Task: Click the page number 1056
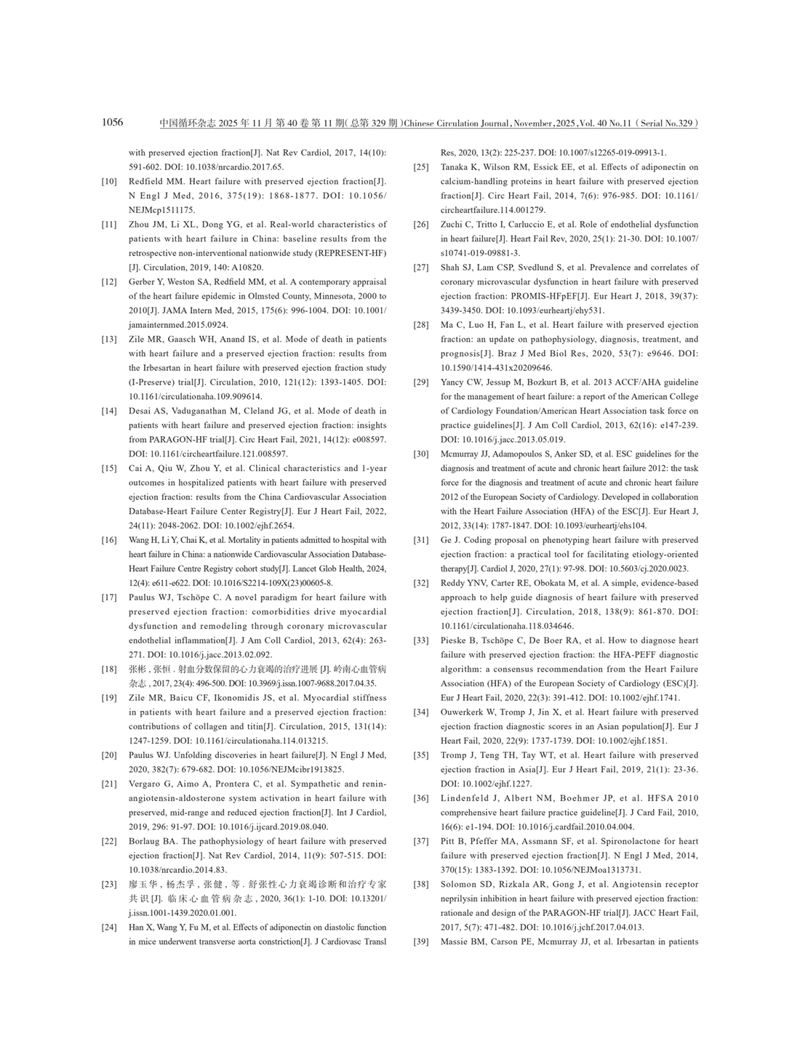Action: click(x=113, y=122)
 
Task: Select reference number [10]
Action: click(x=108, y=182)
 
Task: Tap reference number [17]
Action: click(x=108, y=598)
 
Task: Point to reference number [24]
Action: click(x=108, y=928)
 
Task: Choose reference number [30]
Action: click(x=420, y=454)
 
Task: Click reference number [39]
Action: click(x=420, y=942)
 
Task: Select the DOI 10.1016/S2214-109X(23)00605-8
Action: click(x=276, y=583)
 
